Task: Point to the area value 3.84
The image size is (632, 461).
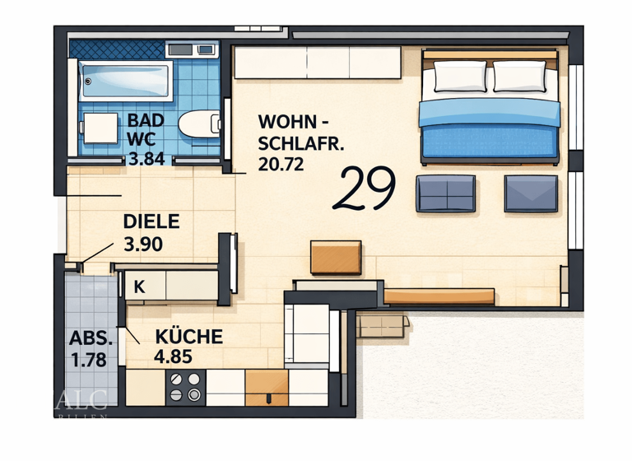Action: [146, 158]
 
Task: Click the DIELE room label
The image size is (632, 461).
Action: [151, 221]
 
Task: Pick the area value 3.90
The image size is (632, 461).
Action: [142, 244]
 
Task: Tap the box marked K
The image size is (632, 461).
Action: [139, 287]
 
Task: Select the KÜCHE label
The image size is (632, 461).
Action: [188, 337]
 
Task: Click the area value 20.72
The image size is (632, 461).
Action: [281, 164]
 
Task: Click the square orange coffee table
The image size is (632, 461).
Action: [336, 258]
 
